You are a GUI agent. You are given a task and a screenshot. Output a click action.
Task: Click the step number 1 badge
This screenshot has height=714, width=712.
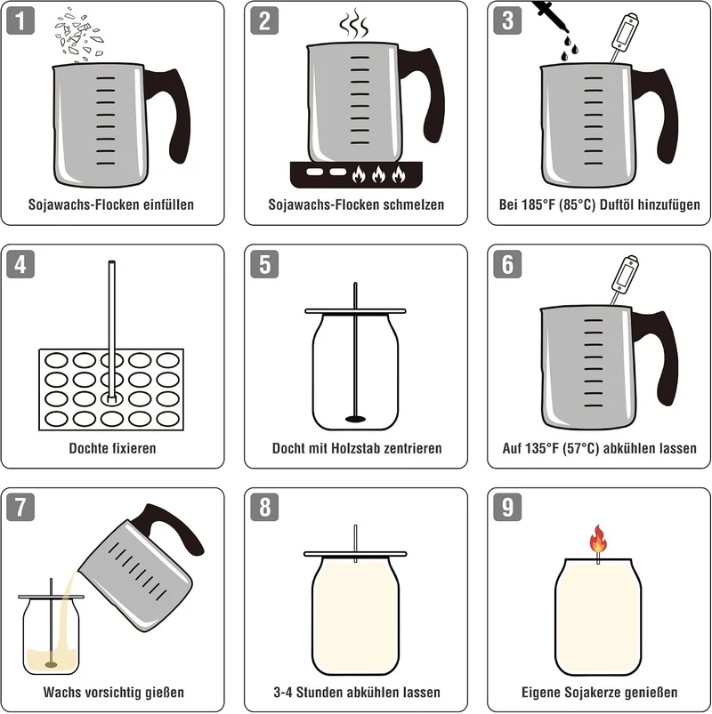coord(20,21)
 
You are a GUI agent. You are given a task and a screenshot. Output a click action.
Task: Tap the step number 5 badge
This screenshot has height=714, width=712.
coord(264,264)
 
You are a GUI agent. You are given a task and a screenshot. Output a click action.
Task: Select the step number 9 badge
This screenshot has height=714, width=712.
coord(507,507)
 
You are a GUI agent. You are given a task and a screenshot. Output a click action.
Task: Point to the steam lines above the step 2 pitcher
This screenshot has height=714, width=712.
coord(353,25)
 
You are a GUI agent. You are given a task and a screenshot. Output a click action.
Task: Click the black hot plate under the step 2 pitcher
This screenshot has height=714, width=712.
coord(356,174)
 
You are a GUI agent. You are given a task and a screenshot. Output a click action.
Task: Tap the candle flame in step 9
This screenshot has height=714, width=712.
coord(597,539)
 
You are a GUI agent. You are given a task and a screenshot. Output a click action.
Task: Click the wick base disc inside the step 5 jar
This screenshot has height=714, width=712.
coord(355,419)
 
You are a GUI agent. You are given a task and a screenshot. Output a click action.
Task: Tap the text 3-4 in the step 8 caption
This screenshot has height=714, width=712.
coord(283,692)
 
